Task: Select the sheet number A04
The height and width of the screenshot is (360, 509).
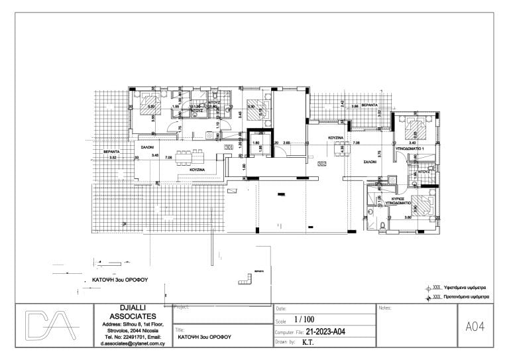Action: coord(476,326)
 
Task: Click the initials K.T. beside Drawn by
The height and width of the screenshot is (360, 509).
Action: coord(308,342)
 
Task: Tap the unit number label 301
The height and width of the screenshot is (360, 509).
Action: coord(229,147)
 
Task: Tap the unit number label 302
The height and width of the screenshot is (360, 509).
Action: coord(323,163)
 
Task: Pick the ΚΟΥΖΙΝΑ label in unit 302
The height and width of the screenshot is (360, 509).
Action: coord(335,137)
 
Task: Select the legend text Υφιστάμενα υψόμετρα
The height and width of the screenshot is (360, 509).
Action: coord(467,288)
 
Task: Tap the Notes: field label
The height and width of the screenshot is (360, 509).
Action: coord(384,308)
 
